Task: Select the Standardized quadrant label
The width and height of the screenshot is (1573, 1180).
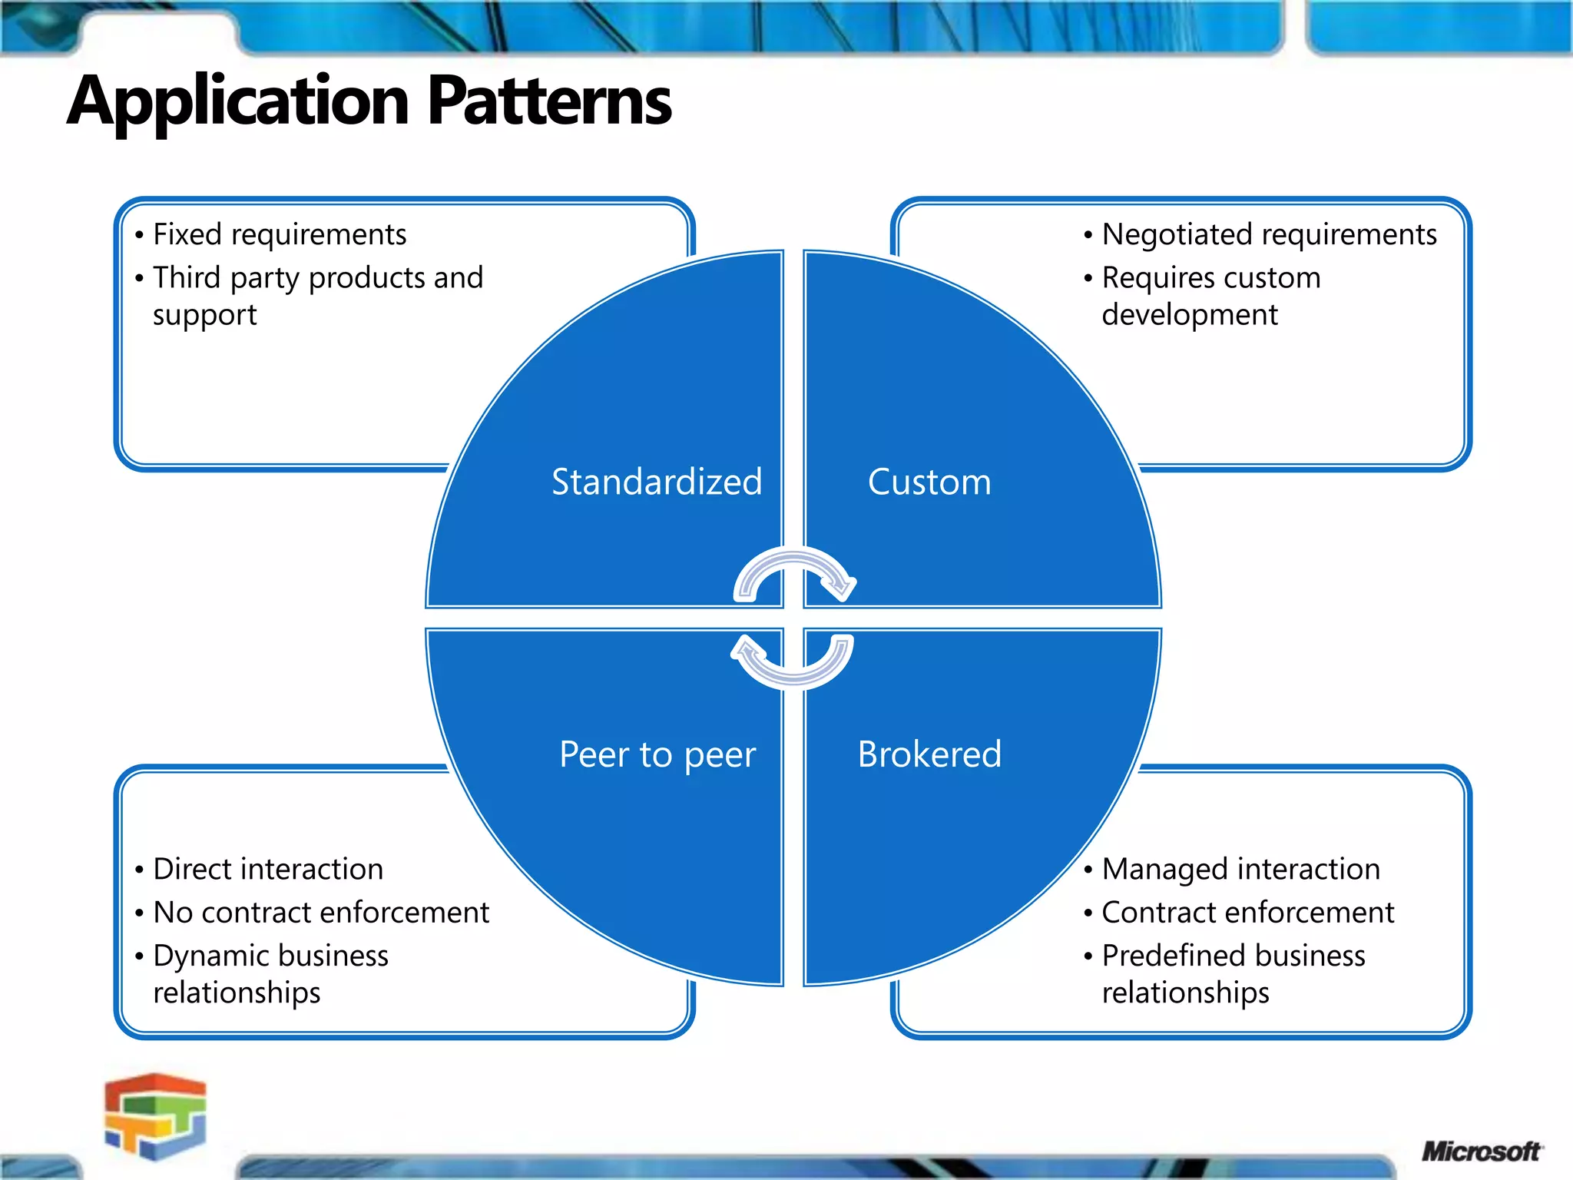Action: [657, 482]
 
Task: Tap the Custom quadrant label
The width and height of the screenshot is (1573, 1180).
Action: [929, 482]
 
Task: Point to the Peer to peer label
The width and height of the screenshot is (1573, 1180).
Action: [657, 754]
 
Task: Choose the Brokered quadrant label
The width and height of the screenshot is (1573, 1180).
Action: [929, 754]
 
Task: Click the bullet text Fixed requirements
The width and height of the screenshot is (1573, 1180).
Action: [280, 234]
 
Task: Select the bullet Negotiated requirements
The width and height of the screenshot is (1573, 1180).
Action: [1269, 234]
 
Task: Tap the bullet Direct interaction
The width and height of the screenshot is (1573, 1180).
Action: [268, 869]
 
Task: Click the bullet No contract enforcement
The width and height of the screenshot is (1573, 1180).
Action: [321, 913]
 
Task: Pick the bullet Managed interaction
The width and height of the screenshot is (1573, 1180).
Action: [1240, 869]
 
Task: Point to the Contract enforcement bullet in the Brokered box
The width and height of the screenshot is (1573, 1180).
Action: [1247, 913]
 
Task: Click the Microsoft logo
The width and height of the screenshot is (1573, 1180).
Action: [1481, 1152]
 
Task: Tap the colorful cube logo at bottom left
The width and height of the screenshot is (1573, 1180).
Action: [156, 1115]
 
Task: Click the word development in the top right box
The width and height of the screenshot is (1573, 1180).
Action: [1190, 315]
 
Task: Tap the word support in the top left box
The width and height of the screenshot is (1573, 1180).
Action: [204, 315]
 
